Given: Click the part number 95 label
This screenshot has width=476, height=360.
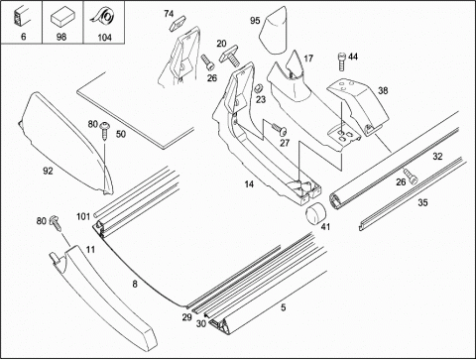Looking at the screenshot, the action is [x=255, y=21].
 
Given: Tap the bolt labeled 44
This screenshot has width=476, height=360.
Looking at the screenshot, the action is [x=342, y=61].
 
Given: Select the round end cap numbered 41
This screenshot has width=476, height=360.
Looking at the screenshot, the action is [x=315, y=213].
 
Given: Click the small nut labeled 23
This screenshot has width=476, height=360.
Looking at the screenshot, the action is [x=259, y=88].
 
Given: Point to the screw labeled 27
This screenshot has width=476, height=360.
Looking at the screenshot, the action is [x=280, y=129].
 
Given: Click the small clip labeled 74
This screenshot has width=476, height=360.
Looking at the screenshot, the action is [x=178, y=24].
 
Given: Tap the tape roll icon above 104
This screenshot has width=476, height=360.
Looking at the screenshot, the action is [x=103, y=16].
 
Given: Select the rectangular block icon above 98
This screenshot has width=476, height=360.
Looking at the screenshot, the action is [x=62, y=18].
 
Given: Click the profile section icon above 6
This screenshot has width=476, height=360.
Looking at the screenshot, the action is [x=21, y=17].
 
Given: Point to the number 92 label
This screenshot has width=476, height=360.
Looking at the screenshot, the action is [x=48, y=171].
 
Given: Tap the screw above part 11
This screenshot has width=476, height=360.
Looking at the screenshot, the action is [x=56, y=222].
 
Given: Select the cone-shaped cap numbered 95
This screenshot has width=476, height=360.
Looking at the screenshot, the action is [x=274, y=31].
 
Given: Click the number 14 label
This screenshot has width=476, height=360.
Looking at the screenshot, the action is [x=249, y=184].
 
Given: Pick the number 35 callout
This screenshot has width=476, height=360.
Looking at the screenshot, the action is [x=422, y=202].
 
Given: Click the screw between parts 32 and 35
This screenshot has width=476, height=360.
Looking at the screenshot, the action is [x=410, y=176].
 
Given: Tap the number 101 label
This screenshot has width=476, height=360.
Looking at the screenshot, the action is [x=83, y=216].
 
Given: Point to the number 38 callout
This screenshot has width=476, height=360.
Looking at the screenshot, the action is [x=383, y=90].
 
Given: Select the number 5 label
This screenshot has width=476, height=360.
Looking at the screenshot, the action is [x=284, y=307].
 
